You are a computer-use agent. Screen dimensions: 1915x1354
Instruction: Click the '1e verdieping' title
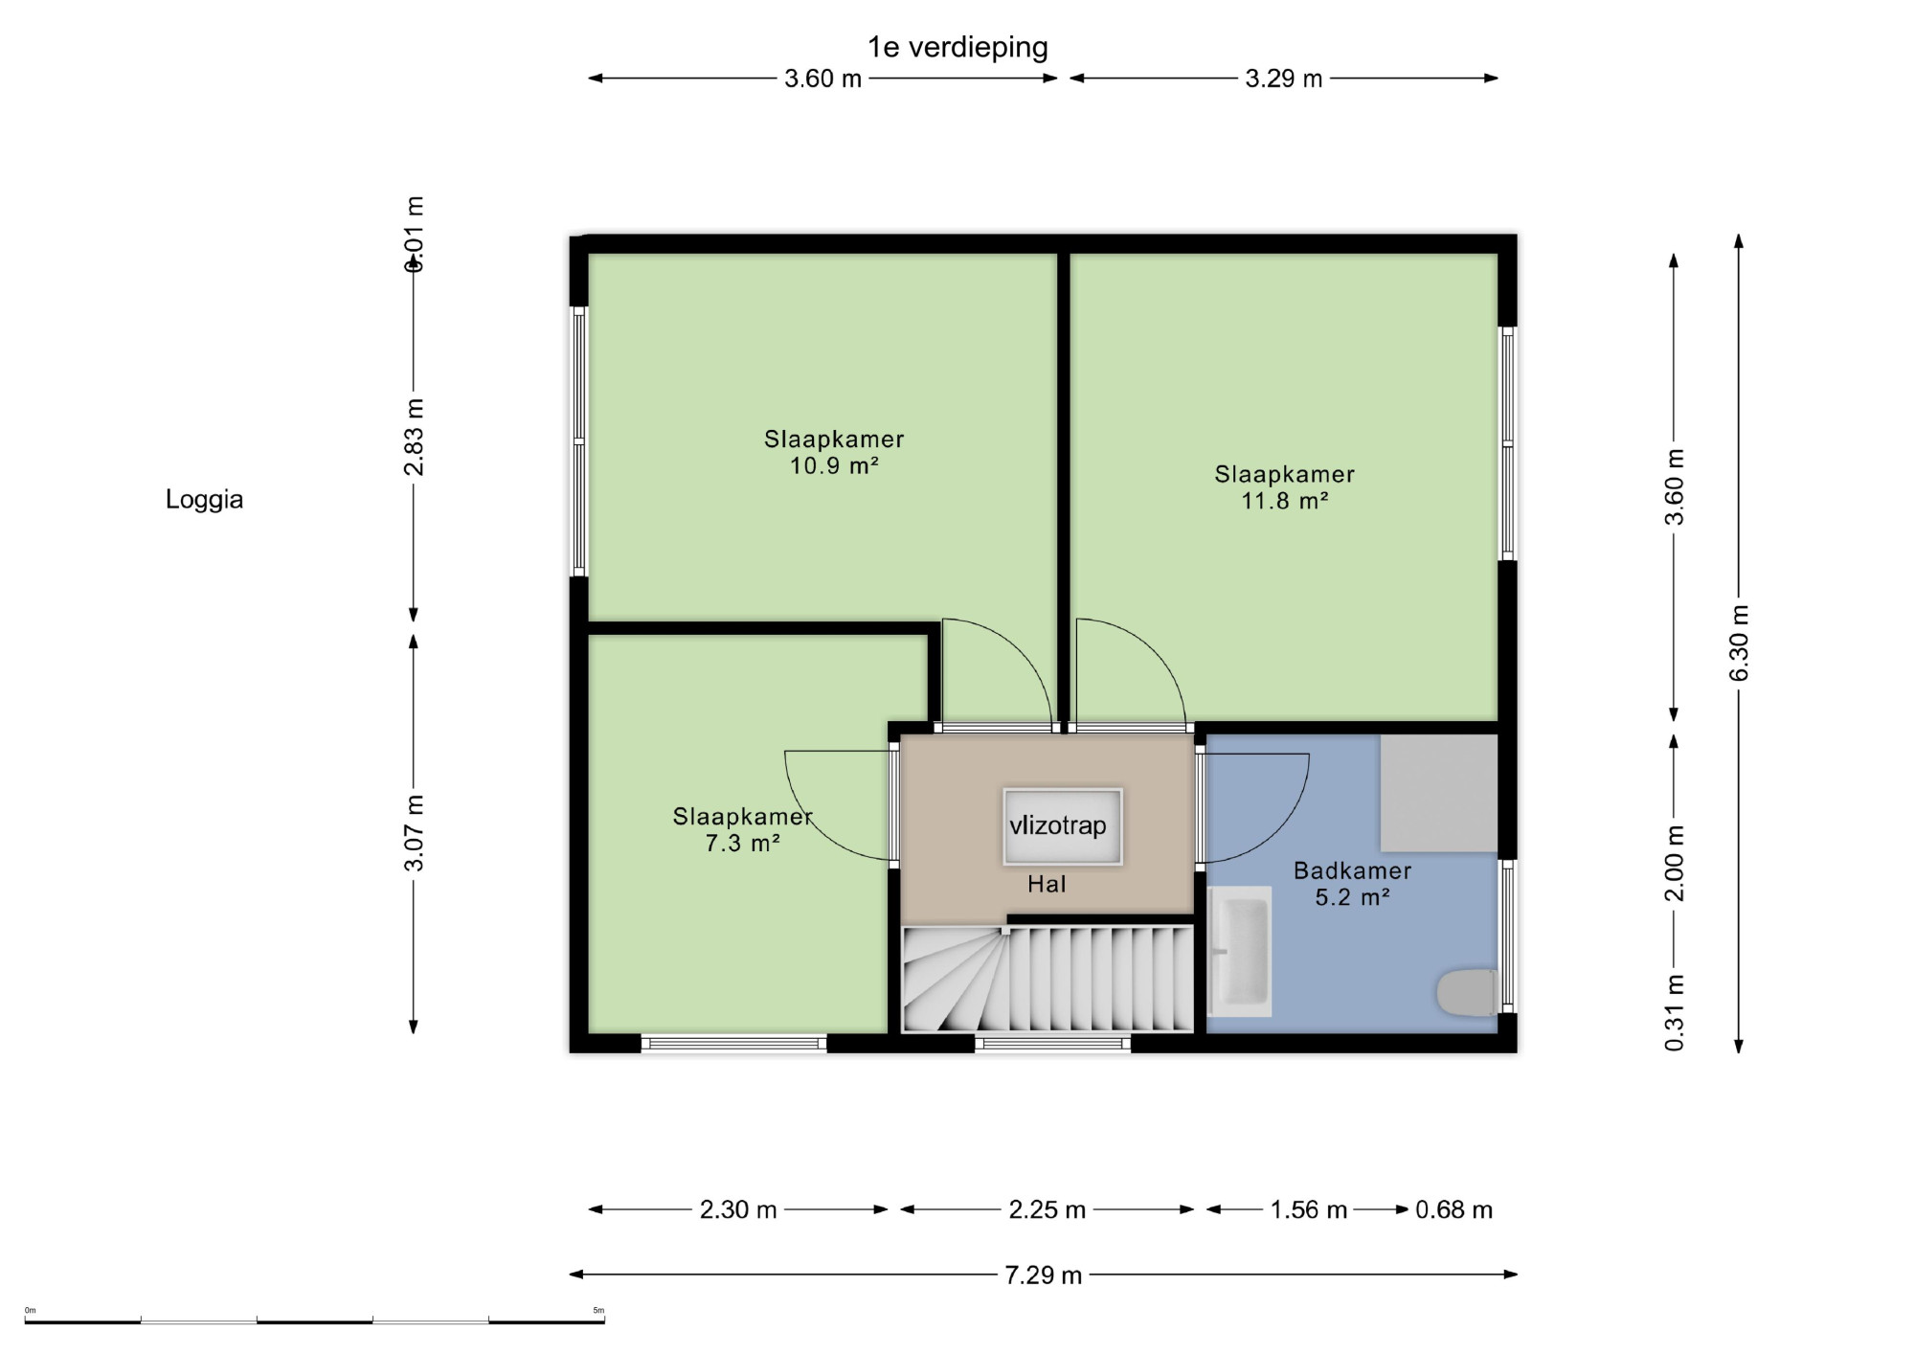point(957,47)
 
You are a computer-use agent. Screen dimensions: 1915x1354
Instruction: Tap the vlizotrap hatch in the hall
point(1063,826)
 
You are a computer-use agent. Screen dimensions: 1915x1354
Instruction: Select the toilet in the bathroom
point(1467,992)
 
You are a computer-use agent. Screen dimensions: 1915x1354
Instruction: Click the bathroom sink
point(1240,951)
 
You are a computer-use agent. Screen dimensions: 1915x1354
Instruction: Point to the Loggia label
point(204,500)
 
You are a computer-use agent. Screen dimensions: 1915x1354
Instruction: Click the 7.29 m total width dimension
point(1044,1275)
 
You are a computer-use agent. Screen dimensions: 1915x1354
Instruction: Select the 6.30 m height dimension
point(1739,643)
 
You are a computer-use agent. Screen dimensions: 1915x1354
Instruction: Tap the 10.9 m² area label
point(834,466)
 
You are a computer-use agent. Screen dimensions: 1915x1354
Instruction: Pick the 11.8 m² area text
point(1285,501)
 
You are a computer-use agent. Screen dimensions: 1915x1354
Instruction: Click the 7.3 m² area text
point(742,844)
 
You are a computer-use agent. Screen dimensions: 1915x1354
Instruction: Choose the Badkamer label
point(1352,870)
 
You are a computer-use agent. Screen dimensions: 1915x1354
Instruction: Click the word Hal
point(1047,884)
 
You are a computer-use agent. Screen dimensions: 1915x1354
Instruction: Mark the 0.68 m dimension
point(1453,1210)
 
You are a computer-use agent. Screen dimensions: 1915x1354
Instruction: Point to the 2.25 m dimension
point(1048,1210)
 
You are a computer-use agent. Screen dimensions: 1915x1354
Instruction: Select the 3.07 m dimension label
point(414,833)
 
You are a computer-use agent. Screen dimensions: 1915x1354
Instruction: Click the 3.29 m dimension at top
point(1283,79)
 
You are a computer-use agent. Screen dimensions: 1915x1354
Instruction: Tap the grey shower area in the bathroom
point(1439,794)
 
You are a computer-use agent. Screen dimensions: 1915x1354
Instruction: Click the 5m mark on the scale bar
point(598,1311)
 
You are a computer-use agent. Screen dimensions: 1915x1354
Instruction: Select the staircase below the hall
point(1048,978)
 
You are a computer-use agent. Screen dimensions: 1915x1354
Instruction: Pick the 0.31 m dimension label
point(1674,1012)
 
